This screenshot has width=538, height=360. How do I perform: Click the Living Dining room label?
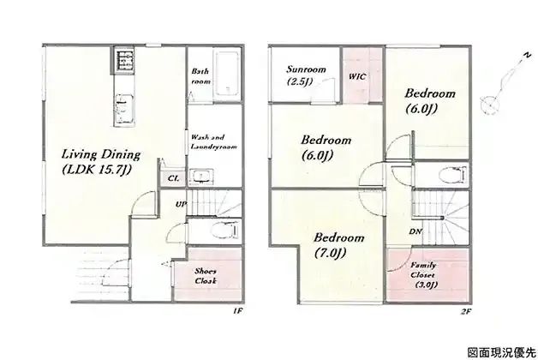(x=101, y=162)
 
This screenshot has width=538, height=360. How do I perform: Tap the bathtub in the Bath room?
(x=227, y=75)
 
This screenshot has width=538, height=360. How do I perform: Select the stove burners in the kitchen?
(x=123, y=60)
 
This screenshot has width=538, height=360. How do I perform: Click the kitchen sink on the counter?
(x=123, y=107)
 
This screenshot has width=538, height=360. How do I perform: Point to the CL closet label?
(x=173, y=178)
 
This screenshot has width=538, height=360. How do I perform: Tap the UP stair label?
(x=181, y=204)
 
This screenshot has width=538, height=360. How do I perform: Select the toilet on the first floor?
(x=225, y=230)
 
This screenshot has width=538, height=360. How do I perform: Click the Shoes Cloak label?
(x=206, y=276)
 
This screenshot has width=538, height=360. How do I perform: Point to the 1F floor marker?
(x=238, y=311)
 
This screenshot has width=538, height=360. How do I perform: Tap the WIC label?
(x=357, y=76)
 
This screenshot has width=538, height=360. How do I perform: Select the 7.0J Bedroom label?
(x=339, y=245)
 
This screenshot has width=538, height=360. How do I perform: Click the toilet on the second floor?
(x=453, y=175)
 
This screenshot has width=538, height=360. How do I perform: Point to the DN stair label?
(x=415, y=232)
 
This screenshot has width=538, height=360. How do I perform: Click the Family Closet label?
(x=423, y=275)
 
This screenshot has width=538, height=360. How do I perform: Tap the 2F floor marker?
(x=464, y=311)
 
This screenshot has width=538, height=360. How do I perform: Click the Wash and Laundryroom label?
(x=213, y=141)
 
